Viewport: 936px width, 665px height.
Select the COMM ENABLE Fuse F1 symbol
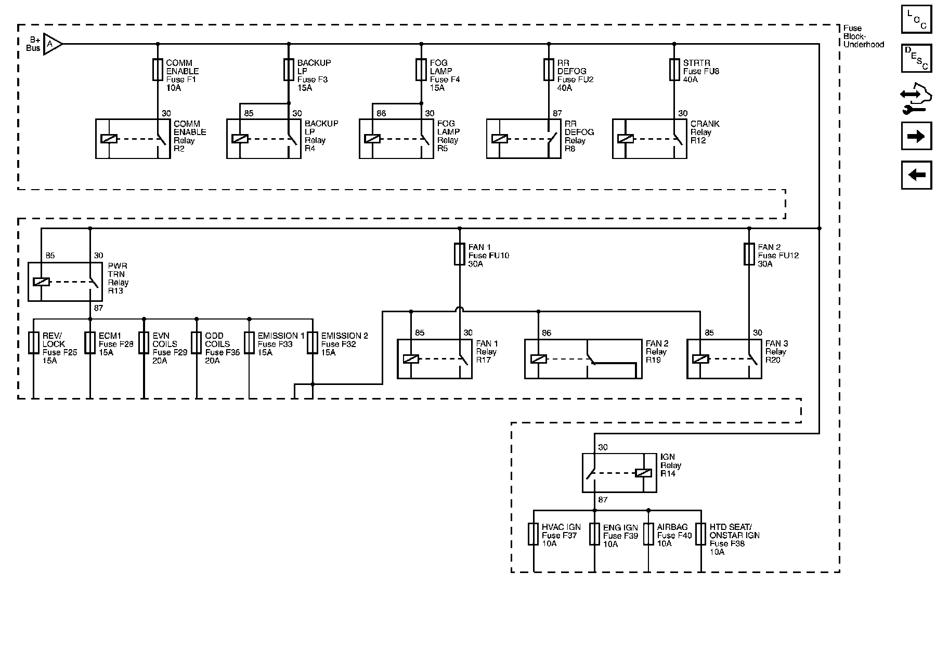(158, 70)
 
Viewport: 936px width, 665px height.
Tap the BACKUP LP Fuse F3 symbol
(289, 70)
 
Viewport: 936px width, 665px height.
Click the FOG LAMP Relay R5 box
(397, 139)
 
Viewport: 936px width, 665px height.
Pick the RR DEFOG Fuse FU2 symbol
(548, 70)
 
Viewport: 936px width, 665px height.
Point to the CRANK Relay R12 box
(649, 139)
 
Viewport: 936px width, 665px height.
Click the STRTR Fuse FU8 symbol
(674, 70)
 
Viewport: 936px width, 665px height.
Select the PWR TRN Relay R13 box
(65, 282)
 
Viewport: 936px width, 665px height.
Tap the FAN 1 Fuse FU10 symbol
(460, 254)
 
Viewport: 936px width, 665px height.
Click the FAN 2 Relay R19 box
(583, 359)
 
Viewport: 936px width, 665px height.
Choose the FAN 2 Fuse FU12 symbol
(749, 254)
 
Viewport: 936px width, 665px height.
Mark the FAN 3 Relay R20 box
(724, 359)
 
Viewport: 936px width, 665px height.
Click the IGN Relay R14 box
(619, 473)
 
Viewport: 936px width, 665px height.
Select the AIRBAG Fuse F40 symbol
(648, 534)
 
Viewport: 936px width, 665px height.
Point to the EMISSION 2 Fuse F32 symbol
(312, 343)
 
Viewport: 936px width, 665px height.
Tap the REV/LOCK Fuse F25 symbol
(34, 343)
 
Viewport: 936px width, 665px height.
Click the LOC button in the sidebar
(916, 20)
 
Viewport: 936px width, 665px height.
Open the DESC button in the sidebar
(916, 58)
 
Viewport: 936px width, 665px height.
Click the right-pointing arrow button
(916, 137)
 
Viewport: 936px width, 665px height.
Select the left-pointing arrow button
(916, 175)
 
